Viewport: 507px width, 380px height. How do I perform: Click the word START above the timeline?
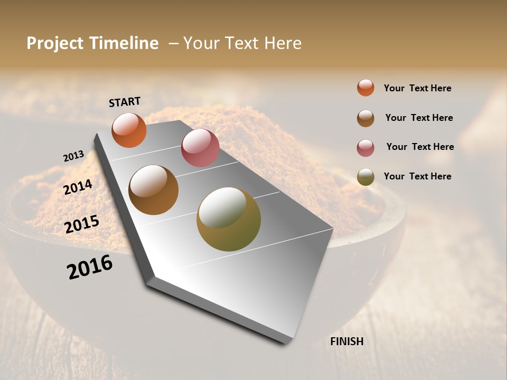(125, 101)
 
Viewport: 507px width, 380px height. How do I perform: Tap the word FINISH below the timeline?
(346, 341)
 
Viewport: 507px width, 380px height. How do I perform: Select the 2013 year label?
(73, 156)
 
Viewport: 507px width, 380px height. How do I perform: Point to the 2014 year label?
(78, 187)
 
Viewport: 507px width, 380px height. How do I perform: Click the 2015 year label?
(82, 224)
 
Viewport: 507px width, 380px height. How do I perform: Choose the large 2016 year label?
(90, 267)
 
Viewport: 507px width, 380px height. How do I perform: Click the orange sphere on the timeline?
(129, 130)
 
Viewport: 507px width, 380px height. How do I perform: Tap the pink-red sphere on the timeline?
(200, 147)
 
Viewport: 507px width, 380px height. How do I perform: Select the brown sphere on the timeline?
(153, 190)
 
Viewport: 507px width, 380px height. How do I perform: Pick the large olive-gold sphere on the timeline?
(228, 219)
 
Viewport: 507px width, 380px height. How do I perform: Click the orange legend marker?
(365, 88)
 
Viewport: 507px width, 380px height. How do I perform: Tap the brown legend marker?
(365, 118)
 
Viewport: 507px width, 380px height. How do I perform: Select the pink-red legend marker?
(365, 148)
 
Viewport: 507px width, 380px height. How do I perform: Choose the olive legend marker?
(365, 177)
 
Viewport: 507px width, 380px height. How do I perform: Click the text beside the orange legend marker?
(417, 89)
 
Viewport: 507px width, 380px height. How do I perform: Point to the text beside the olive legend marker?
(417, 176)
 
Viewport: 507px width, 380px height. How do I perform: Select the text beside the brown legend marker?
(419, 118)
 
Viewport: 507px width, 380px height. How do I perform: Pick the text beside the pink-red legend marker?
(420, 147)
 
